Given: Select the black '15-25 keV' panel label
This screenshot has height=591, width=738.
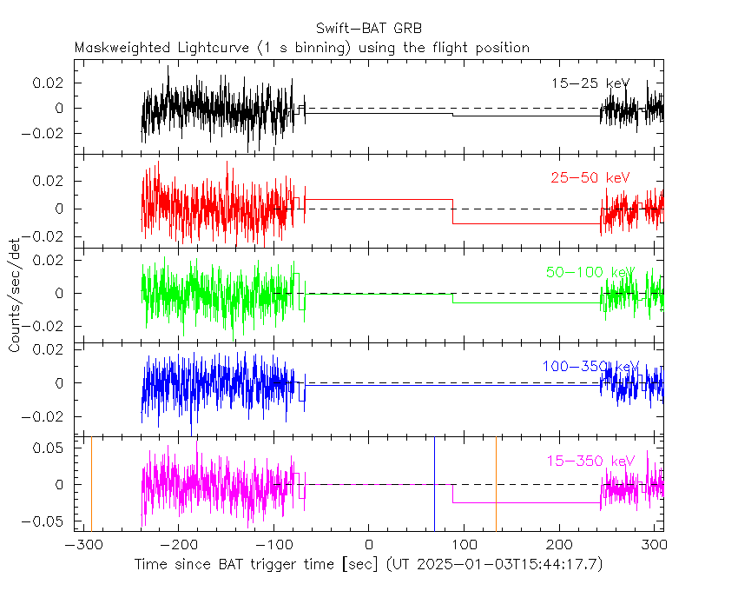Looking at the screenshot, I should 590,83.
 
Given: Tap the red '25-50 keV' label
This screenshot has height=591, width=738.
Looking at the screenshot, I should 590,178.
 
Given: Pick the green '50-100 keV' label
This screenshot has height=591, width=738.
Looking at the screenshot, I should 590,272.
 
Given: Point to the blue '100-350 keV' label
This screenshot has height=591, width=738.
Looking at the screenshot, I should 590,367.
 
